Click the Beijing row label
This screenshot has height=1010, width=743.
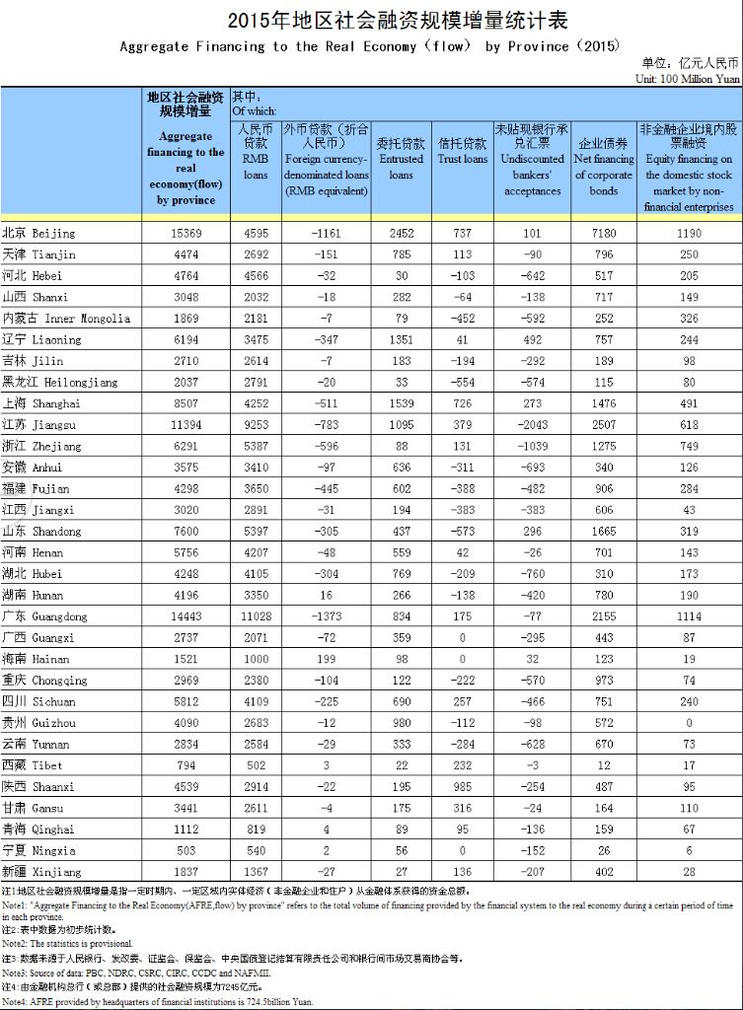39,234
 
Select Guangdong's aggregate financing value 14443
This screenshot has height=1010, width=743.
186,616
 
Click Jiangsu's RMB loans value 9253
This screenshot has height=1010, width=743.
255,425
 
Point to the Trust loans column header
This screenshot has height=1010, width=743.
462,151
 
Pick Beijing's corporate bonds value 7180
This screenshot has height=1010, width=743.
604,234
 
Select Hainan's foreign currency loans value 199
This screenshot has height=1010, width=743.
326,659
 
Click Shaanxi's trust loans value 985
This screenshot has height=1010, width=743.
462,787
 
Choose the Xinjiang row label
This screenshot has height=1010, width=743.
38,872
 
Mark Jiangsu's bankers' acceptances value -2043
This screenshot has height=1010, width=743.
533,425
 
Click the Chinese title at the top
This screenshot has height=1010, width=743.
371,21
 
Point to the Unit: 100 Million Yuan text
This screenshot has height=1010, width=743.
688,78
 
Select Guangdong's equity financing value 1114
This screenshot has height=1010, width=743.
689,616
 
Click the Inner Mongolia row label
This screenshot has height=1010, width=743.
66,319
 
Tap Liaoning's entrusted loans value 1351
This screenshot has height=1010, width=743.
401,340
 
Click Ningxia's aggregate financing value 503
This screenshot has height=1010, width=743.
186,850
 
